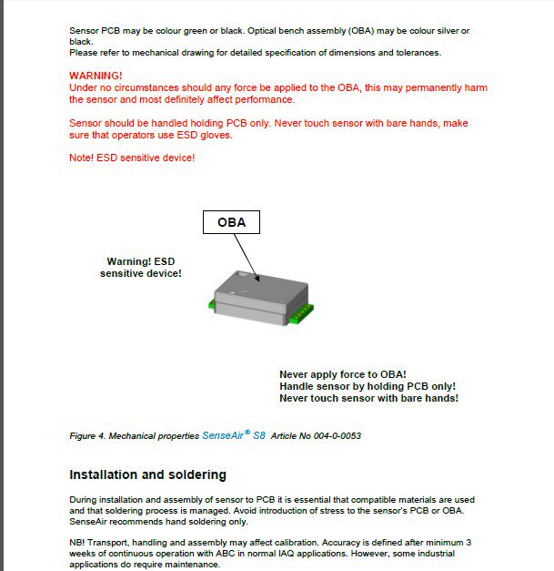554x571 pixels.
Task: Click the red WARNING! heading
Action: click(96, 76)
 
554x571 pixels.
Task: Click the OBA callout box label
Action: click(231, 221)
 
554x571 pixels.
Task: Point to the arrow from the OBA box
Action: click(245, 256)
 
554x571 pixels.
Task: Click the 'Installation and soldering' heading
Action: click(147, 474)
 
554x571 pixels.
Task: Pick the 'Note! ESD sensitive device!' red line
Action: click(132, 158)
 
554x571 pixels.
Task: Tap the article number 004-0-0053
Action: click(337, 436)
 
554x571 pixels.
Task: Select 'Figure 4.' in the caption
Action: click(87, 436)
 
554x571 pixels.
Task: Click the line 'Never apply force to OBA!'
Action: click(342, 374)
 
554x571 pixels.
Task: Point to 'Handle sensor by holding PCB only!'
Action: click(368, 386)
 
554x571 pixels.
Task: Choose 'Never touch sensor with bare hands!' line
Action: click(368, 398)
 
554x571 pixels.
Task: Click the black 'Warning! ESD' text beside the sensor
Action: click(140, 261)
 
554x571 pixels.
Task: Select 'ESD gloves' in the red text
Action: click(206, 135)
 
